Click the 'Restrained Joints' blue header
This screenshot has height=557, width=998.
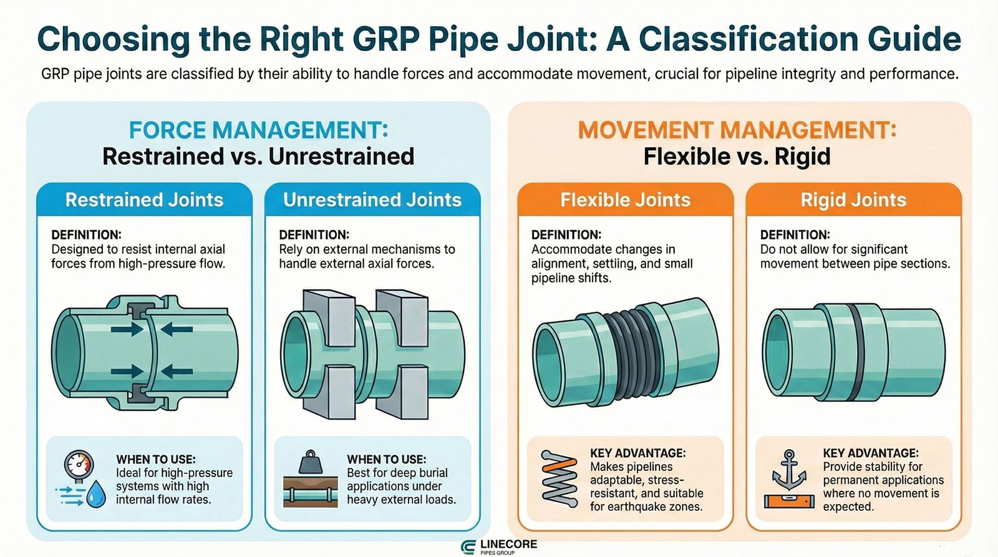(144, 200)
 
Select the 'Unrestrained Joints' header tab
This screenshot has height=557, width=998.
(372, 200)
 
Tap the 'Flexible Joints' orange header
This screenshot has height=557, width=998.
(625, 200)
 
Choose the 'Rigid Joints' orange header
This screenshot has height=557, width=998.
(853, 200)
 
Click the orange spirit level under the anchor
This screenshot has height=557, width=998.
(789, 500)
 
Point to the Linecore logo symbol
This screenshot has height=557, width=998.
(468, 547)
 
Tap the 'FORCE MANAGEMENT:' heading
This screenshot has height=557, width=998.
(258, 130)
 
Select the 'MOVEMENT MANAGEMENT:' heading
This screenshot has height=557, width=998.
(737, 130)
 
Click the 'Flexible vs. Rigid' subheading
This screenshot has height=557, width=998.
(737, 156)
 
